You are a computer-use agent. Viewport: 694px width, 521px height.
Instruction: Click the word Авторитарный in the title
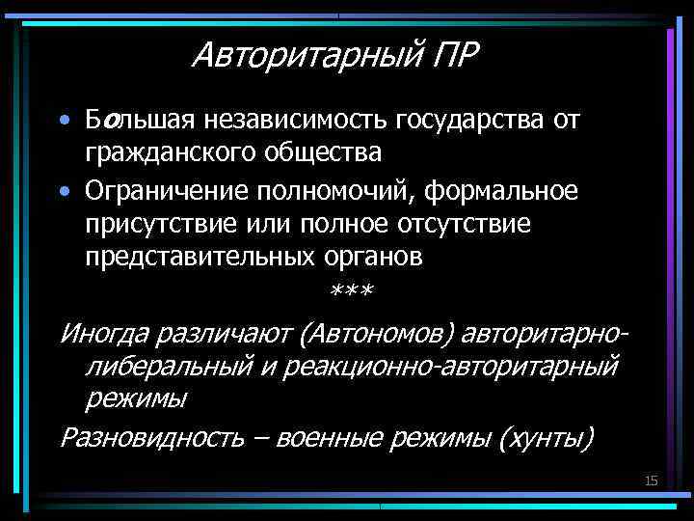(304, 56)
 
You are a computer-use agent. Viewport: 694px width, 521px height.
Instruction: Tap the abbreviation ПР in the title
(451, 54)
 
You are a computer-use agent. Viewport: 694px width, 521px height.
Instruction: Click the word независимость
(293, 121)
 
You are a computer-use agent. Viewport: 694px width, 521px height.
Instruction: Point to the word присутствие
(155, 224)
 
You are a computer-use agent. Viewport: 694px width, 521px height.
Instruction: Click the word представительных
(197, 259)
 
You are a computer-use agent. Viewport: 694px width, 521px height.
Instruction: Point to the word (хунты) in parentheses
(547, 437)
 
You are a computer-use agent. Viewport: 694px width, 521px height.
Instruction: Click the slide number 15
(651, 480)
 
